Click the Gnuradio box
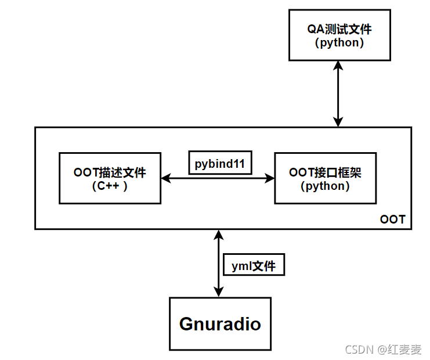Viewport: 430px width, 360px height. (x=220, y=324)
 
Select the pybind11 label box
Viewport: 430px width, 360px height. (x=220, y=163)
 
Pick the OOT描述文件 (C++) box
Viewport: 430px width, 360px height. (x=110, y=178)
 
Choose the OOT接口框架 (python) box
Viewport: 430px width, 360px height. (x=325, y=178)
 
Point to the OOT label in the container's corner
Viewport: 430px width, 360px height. (x=393, y=220)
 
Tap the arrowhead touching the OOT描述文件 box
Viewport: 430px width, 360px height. (x=165, y=179)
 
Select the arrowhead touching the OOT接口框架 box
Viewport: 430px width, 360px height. (x=270, y=179)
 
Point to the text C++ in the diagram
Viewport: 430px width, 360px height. (x=110, y=186)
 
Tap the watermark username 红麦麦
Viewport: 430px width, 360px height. (x=406, y=350)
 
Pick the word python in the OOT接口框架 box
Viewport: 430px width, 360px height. (x=325, y=186)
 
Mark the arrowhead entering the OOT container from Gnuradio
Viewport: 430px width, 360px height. (x=218, y=233)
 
